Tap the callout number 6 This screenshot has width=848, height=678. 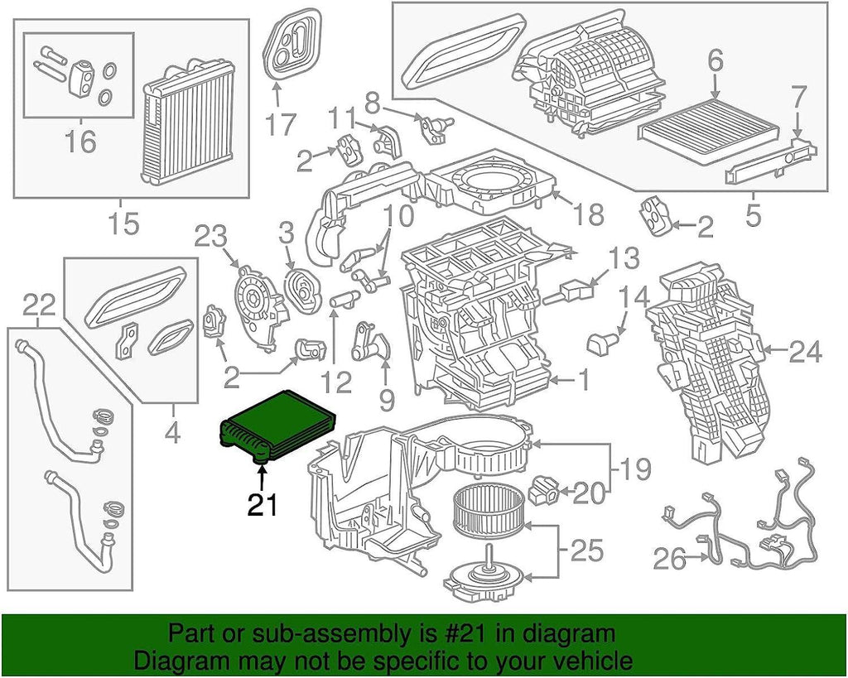click(x=715, y=60)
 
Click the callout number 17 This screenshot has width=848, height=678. click(x=281, y=124)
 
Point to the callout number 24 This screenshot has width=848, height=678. click(x=805, y=353)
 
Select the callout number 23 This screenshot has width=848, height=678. click(x=210, y=238)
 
